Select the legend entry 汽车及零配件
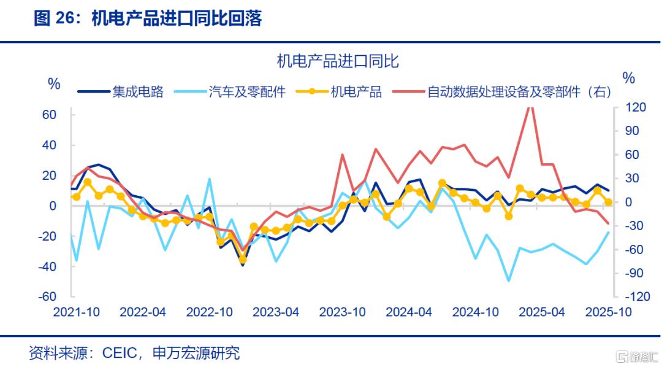247,93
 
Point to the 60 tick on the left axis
50,115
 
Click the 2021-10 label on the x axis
77,312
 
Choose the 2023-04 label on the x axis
276,312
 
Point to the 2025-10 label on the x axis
609,312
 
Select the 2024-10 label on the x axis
476,312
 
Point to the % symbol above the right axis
628,78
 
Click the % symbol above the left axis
55,84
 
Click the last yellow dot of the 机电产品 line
608,202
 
